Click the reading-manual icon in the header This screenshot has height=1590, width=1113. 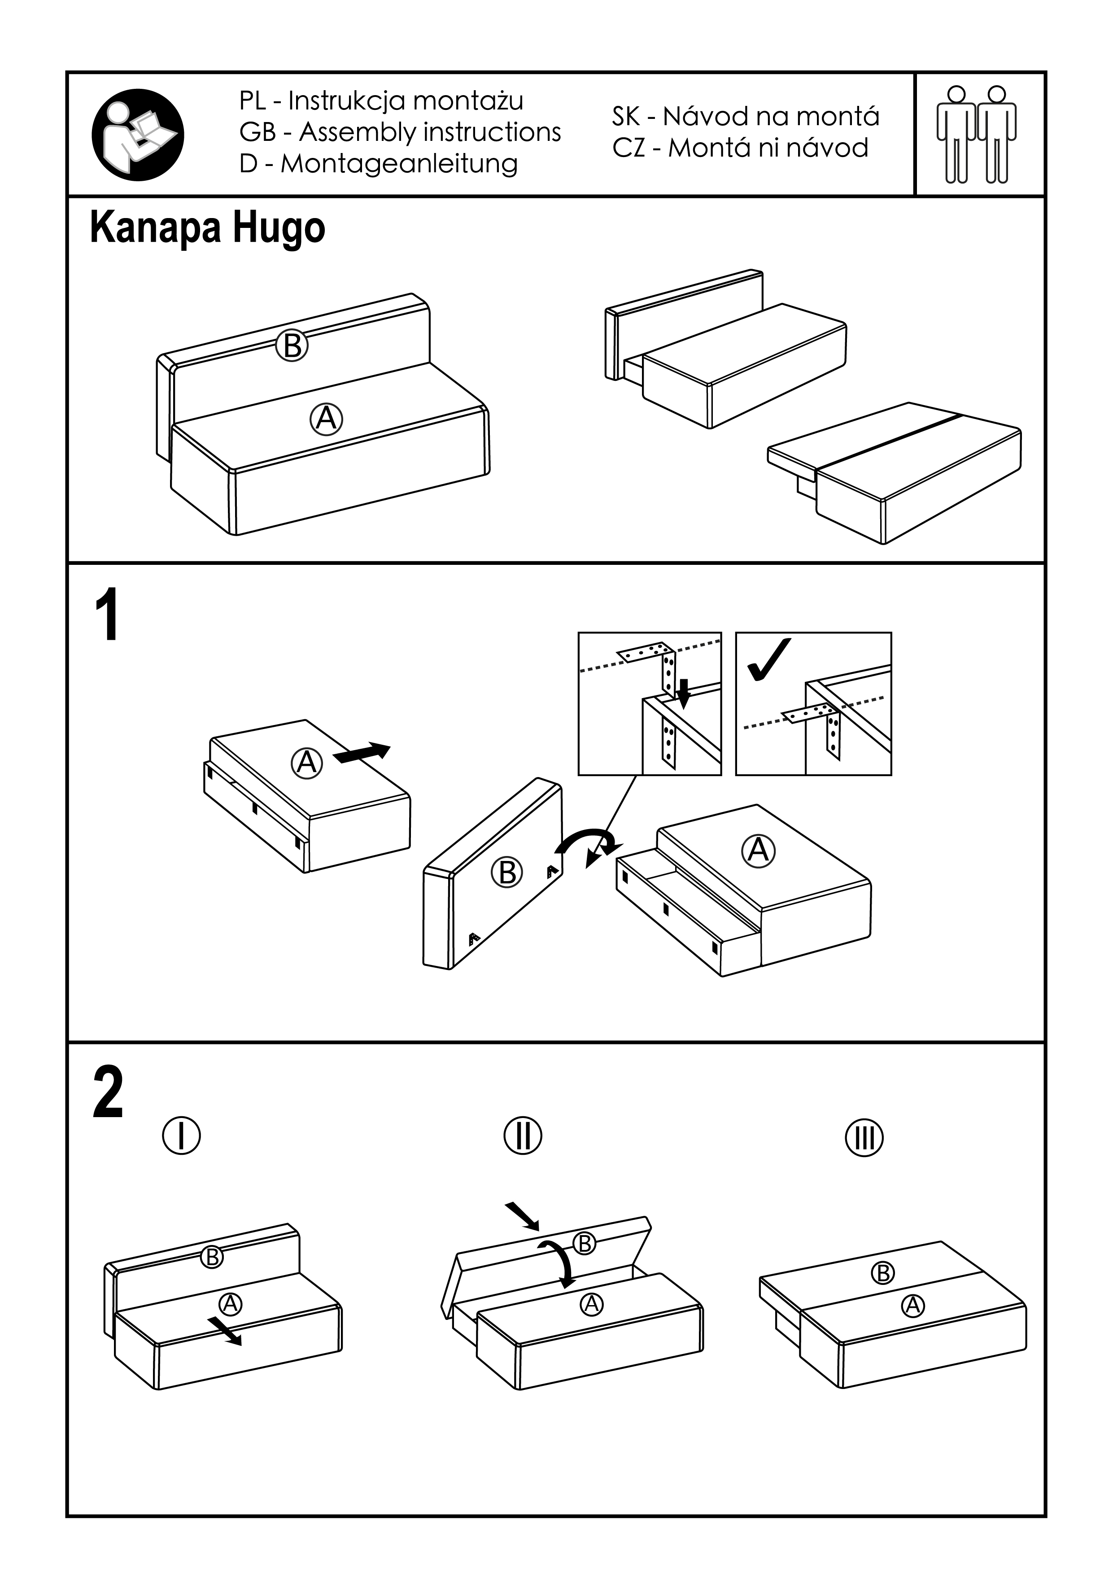[x=138, y=134]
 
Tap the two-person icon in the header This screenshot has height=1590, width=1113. [x=977, y=134]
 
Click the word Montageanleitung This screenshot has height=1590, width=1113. [x=399, y=163]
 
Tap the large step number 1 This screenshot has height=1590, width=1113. [x=107, y=616]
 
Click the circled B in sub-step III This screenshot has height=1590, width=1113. [x=883, y=1273]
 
